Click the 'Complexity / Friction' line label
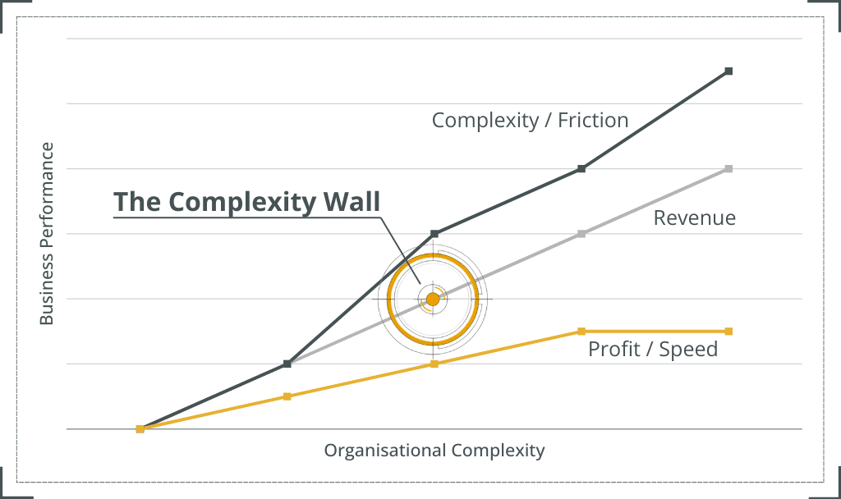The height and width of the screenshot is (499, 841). click(x=530, y=121)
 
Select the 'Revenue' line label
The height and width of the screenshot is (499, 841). click(x=694, y=218)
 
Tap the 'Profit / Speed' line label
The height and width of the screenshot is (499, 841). click(x=653, y=349)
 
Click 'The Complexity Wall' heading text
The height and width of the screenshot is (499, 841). click(x=246, y=202)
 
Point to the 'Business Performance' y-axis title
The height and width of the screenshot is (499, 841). click(x=48, y=235)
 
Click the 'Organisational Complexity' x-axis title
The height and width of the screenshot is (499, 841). click(x=434, y=451)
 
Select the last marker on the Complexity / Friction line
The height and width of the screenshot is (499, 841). click(x=728, y=71)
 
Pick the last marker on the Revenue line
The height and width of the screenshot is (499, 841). click(x=728, y=169)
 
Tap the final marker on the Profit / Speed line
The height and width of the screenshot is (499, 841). click(x=728, y=331)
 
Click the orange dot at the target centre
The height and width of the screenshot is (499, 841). click(x=433, y=299)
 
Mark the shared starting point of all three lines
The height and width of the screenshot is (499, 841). click(x=140, y=428)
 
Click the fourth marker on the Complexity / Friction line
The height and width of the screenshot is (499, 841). click(x=581, y=169)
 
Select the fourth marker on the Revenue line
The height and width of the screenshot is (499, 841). click(x=581, y=234)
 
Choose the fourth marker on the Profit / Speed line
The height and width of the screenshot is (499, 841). click(x=581, y=331)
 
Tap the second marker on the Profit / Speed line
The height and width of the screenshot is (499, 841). click(x=287, y=396)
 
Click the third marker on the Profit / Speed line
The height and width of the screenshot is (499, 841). click(x=434, y=364)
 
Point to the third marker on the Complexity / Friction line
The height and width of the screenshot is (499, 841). click(x=434, y=234)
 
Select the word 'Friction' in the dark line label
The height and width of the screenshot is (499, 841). click(x=593, y=121)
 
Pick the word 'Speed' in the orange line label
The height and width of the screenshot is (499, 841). click(x=691, y=349)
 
